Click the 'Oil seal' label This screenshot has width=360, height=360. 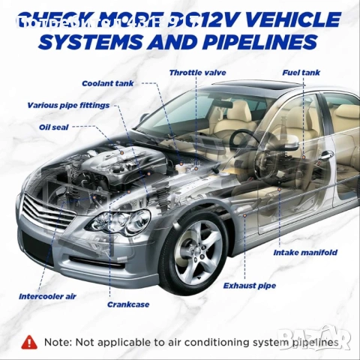pyautogui.click(x=54, y=127)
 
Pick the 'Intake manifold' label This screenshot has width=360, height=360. pyautogui.click(x=305, y=253)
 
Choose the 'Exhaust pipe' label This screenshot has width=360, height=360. pyautogui.click(x=250, y=286)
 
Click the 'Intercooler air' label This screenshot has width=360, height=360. pyautogui.click(x=47, y=297)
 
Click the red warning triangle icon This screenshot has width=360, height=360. pyautogui.click(x=30, y=341)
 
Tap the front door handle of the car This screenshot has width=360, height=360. pyautogui.click(x=325, y=155)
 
